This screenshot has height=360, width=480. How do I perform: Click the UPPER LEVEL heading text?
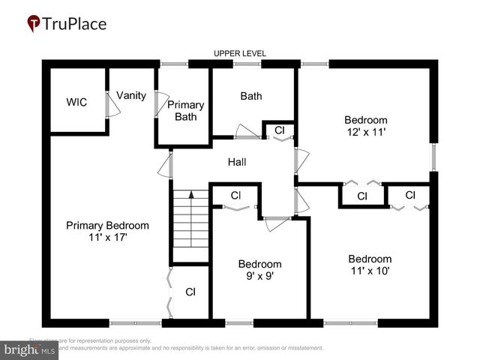coord(240,53)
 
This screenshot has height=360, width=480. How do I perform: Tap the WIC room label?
coord(76,102)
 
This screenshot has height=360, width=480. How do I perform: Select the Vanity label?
coord(130,96)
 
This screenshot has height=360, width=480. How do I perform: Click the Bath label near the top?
coord(251,96)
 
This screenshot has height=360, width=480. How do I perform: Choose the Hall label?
coord(237,162)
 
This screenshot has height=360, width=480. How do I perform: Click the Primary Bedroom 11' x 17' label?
coord(107,231)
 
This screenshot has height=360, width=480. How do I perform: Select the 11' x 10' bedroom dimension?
coord(370,271)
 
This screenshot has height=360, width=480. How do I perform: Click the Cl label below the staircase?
coord(190,292)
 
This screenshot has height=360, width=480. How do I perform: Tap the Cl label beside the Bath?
coord(280,130)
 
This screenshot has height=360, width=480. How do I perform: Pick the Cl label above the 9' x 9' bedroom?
coord(235,196)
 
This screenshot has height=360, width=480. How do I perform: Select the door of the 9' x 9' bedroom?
coord(277,219)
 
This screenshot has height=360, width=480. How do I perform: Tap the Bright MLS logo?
coord(30,349)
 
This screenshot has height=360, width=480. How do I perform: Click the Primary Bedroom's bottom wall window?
coord(135,323)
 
